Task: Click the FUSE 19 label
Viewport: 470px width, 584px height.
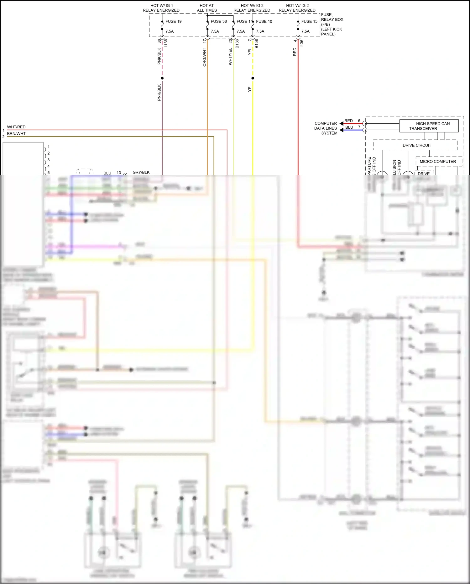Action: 173,21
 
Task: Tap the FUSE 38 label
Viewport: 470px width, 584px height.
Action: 218,21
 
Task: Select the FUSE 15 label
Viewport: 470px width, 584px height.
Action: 309,21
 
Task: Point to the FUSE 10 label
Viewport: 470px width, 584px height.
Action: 264,21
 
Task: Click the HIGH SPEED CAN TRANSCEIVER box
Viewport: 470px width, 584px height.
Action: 429,126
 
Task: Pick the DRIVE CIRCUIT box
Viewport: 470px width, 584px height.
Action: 416,145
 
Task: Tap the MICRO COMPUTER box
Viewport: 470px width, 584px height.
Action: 438,162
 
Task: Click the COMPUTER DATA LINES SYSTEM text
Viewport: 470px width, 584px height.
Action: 326,128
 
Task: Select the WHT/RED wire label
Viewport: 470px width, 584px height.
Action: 16,127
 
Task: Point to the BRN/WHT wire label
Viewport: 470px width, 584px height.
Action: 16,134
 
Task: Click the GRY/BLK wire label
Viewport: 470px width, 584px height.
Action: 141,172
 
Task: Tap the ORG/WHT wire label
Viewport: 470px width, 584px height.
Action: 205,57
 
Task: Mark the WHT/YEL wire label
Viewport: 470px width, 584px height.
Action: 230,56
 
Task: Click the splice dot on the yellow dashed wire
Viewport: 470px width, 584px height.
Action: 253,78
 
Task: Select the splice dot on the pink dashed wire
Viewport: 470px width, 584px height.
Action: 162,78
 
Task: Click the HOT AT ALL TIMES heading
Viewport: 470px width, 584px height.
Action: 207,8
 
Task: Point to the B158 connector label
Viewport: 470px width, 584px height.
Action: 257,43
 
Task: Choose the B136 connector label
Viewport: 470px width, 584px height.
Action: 237,43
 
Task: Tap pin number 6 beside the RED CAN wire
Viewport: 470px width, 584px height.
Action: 359,121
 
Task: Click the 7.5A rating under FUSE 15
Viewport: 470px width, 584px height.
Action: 305,31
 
